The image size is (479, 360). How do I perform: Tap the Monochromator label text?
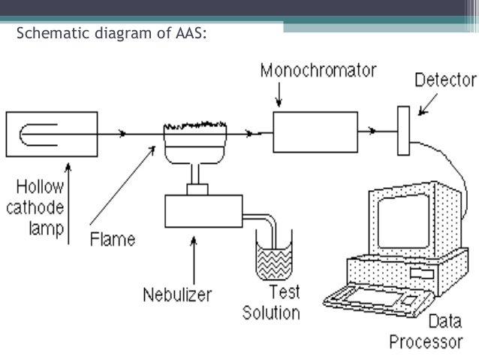tap(318, 71)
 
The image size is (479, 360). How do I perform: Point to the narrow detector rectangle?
tap(404, 131)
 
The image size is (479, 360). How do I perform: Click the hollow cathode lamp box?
tap(51, 135)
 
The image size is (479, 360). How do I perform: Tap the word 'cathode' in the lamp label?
tap(41, 208)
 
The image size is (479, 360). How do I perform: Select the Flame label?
tap(113, 241)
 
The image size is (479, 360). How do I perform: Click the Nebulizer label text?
tap(178, 294)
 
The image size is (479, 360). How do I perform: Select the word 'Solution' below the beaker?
tap(271, 312)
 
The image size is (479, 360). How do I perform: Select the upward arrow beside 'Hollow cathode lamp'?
tap(69, 203)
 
